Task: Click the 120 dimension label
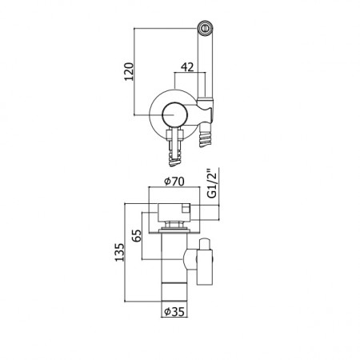(x=129, y=71)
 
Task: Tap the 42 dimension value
(x=187, y=67)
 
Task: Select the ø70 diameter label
(x=174, y=182)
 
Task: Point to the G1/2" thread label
(x=212, y=183)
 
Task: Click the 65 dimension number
(x=137, y=235)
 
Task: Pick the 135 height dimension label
(x=119, y=252)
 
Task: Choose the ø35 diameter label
(x=174, y=311)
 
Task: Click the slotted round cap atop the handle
(x=205, y=28)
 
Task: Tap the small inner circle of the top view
(x=175, y=115)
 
